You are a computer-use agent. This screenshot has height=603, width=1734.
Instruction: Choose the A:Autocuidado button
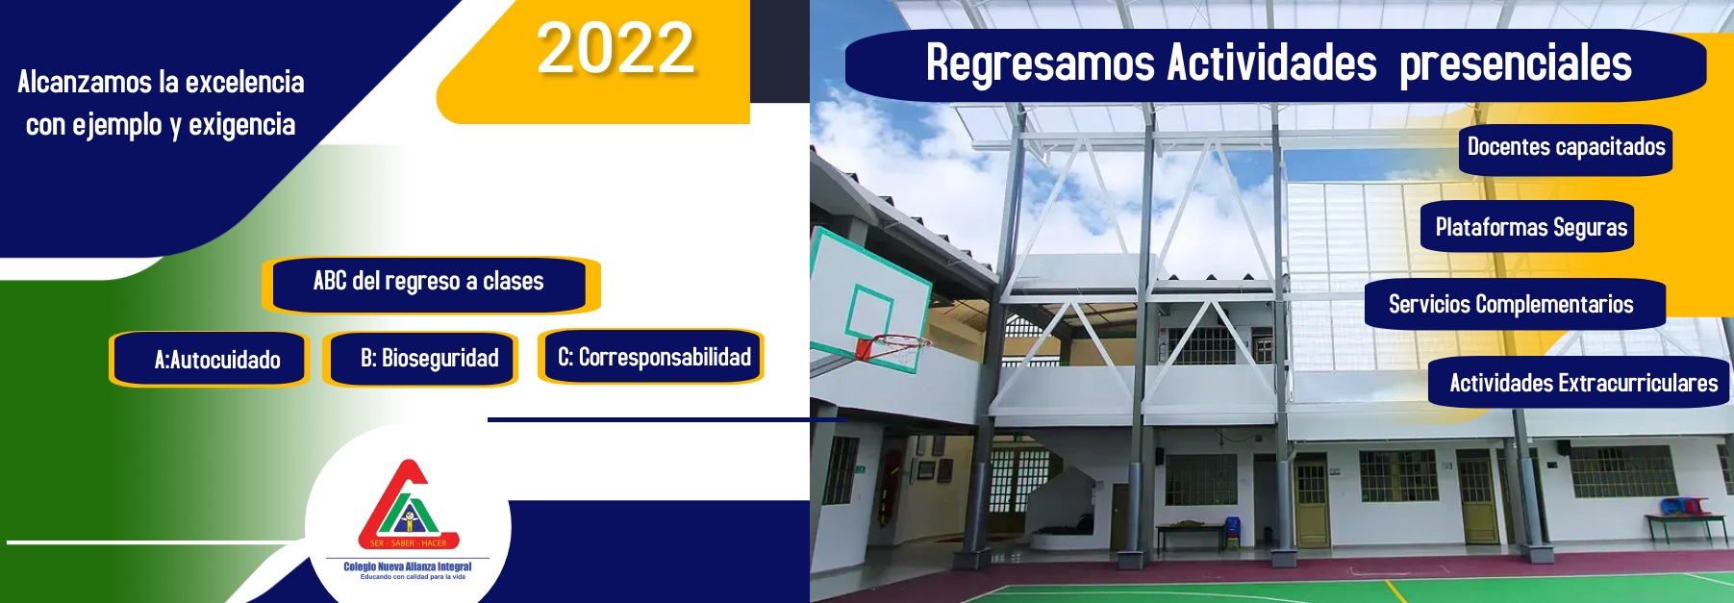tap(209, 360)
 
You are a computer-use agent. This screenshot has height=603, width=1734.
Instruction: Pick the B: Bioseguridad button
tap(420, 359)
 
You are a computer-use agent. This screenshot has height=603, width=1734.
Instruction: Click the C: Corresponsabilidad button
tap(652, 357)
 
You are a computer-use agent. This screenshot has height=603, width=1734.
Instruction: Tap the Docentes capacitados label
tap(1566, 148)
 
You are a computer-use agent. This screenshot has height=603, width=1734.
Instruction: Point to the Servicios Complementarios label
tap(1513, 304)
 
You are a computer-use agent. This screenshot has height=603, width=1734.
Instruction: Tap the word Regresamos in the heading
tap(1040, 64)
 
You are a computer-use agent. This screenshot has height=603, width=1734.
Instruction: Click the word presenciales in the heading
tap(1515, 65)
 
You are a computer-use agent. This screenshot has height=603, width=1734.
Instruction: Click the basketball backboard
tap(869, 297)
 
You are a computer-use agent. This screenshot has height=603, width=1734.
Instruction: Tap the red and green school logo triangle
tap(408, 504)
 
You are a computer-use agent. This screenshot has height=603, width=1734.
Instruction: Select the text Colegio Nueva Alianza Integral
tap(408, 566)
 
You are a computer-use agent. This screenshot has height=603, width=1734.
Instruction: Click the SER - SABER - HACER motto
tap(408, 543)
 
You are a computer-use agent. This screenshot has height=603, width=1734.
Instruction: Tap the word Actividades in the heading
tap(1272, 63)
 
